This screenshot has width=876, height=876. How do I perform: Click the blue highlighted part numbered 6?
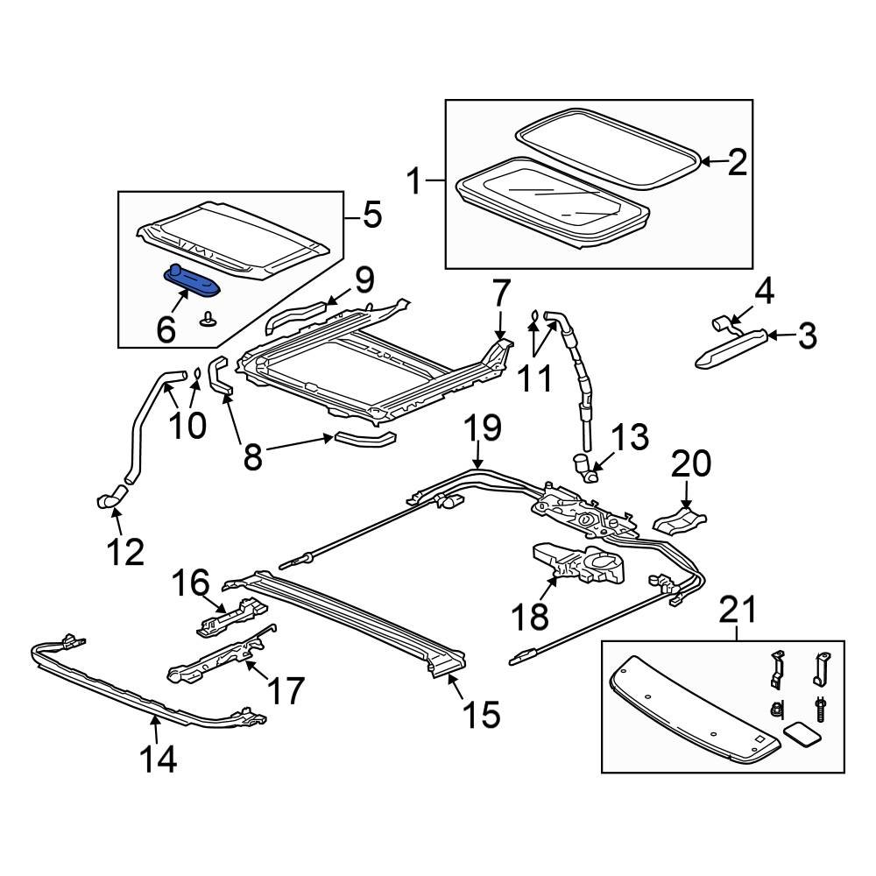coord(193,282)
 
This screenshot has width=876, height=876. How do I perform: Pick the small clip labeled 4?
coord(724,323)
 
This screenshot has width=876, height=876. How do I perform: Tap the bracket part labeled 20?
coord(679,519)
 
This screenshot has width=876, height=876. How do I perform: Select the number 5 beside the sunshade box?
coord(371,215)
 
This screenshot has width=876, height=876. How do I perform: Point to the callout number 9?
coord(364,281)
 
